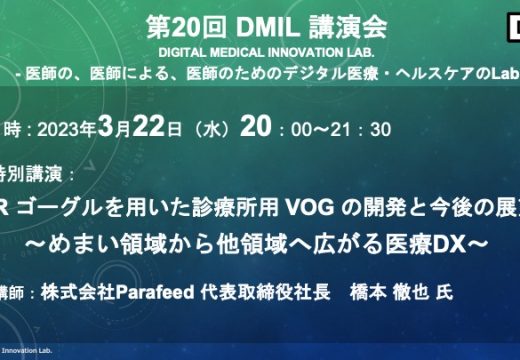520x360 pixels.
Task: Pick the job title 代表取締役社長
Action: (x=269, y=294)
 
